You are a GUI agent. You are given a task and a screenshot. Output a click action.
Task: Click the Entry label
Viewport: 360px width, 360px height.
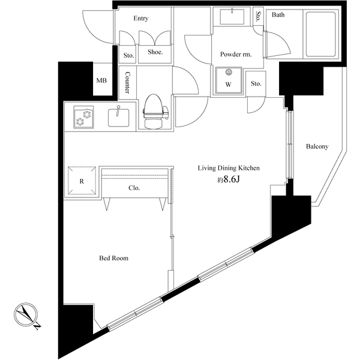coord(141,19)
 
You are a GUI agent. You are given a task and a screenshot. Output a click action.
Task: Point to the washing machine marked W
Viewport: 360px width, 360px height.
coord(228,82)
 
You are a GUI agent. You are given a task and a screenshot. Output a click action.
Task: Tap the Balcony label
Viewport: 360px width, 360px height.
coord(316,146)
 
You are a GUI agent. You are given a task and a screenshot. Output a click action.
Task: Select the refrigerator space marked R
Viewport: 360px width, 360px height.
coord(81,181)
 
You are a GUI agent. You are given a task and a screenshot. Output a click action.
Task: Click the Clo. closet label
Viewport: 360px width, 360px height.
coord(134,188)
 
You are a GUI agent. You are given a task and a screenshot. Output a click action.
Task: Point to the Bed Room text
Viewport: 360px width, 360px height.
coord(113,259)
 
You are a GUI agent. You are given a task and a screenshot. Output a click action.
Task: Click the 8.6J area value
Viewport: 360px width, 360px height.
coord(229,180)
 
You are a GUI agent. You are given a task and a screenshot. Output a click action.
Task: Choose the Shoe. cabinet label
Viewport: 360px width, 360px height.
coord(155,52)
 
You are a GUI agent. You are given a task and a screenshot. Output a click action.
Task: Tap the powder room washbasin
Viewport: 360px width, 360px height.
coord(230,17)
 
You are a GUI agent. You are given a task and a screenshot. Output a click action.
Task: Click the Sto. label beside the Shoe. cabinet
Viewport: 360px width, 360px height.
coord(128,56)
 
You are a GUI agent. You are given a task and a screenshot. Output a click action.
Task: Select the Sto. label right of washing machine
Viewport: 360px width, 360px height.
coord(256,83)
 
